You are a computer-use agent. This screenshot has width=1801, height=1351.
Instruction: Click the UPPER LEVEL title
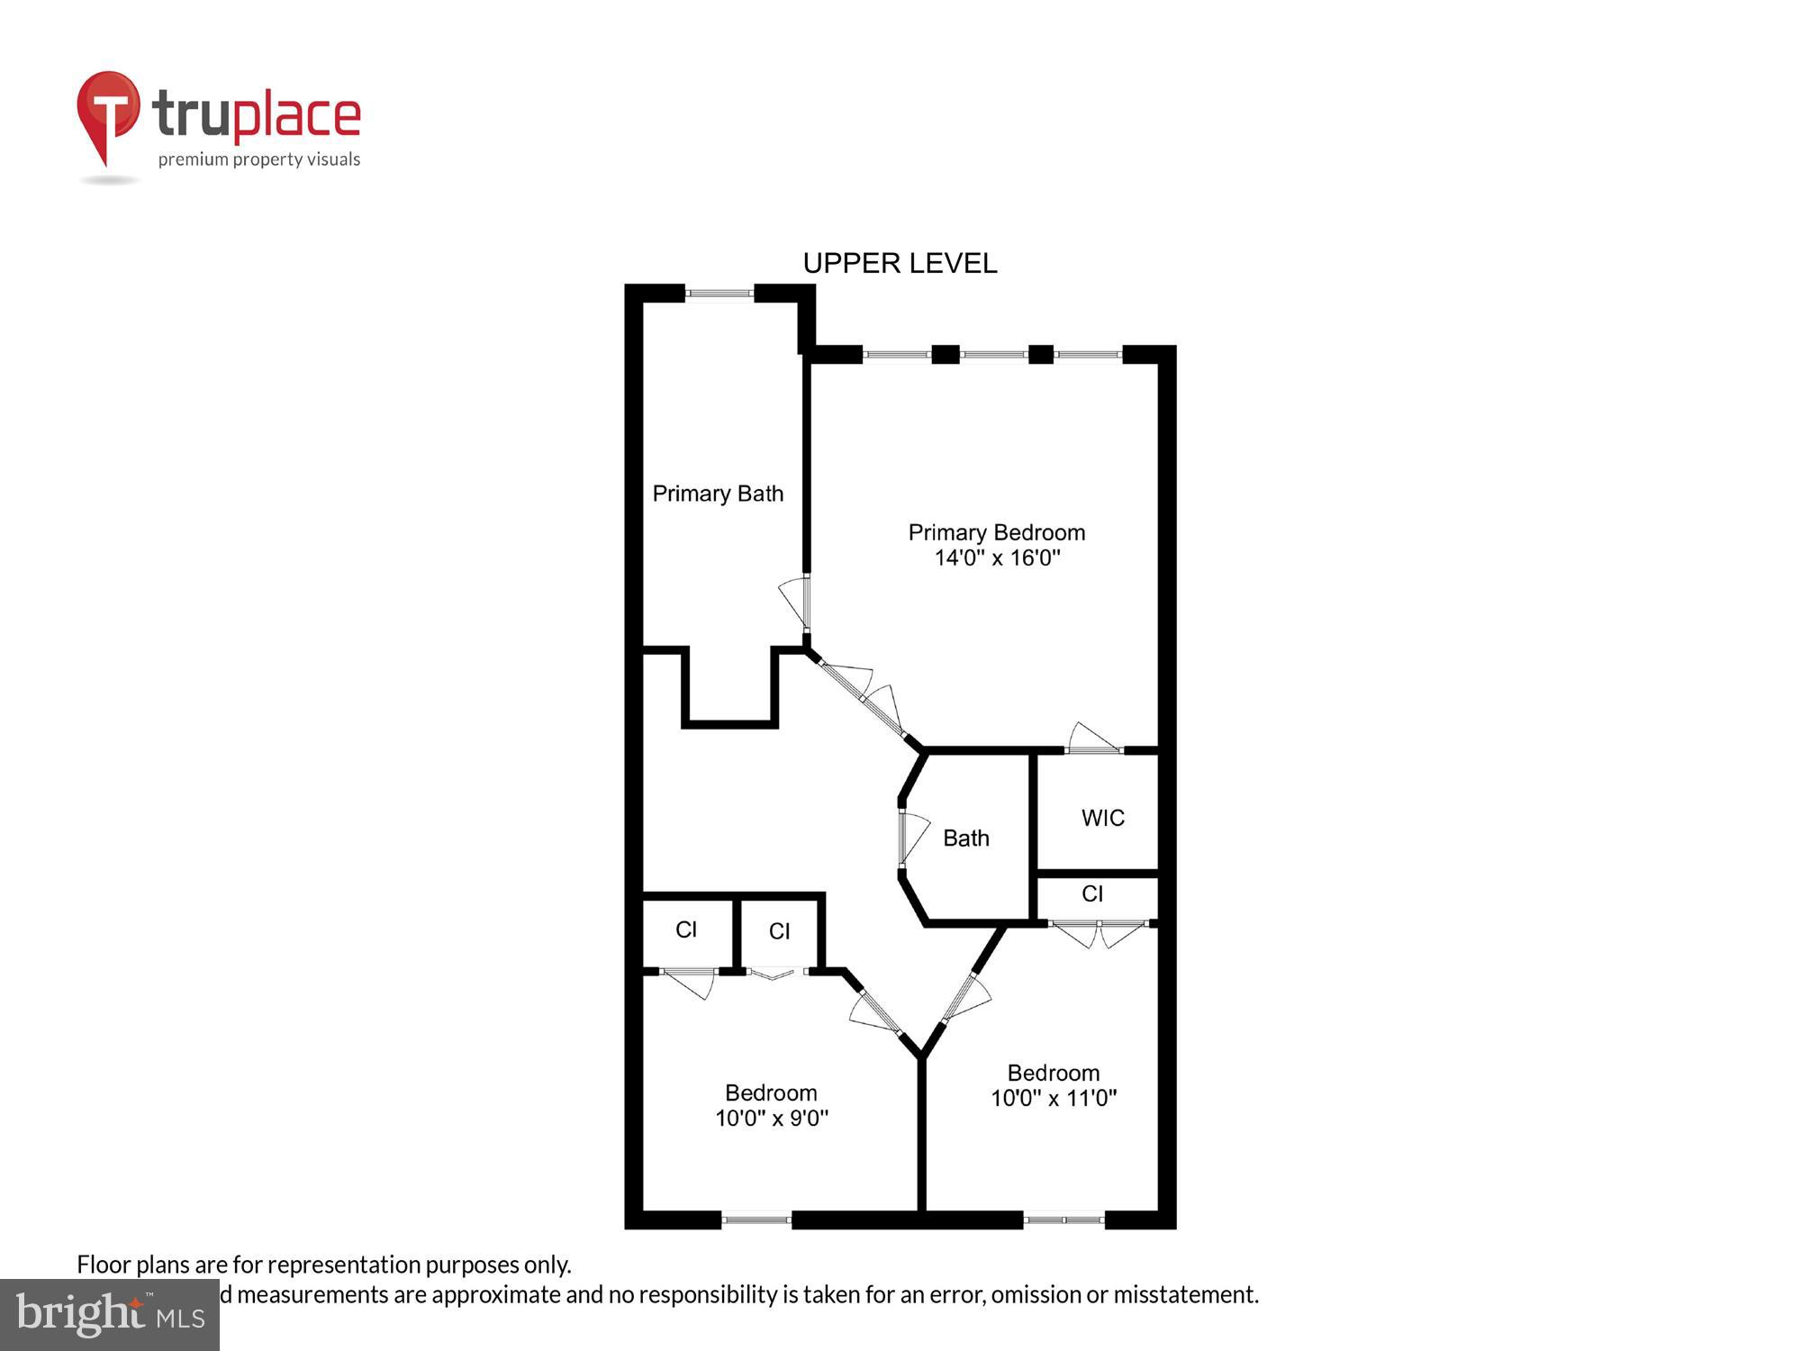click(900, 263)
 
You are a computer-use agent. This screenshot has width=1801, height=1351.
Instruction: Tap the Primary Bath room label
click(718, 494)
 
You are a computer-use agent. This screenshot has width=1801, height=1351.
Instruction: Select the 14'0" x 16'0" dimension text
click(997, 558)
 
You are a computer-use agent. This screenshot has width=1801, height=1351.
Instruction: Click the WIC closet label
click(1102, 818)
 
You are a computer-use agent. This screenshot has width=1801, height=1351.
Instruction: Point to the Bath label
click(965, 839)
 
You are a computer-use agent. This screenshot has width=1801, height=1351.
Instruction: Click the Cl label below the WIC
click(1091, 893)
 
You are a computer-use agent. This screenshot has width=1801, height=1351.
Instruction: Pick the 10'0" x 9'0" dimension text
click(772, 1118)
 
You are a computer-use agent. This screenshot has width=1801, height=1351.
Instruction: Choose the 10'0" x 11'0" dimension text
click(1054, 1098)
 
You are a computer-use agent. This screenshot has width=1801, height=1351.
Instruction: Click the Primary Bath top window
click(719, 293)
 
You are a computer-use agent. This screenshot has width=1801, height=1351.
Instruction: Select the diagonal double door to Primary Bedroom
click(863, 696)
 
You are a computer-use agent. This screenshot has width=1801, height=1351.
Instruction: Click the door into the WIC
click(1093, 741)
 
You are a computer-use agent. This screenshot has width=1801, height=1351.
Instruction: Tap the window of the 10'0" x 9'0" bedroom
click(756, 1220)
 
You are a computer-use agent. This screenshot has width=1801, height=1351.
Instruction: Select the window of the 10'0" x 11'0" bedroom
click(1063, 1220)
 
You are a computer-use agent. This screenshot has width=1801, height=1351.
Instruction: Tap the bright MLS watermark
click(109, 1314)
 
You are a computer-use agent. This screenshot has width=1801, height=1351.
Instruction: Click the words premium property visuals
click(259, 160)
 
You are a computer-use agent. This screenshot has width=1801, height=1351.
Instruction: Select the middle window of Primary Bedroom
click(993, 354)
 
